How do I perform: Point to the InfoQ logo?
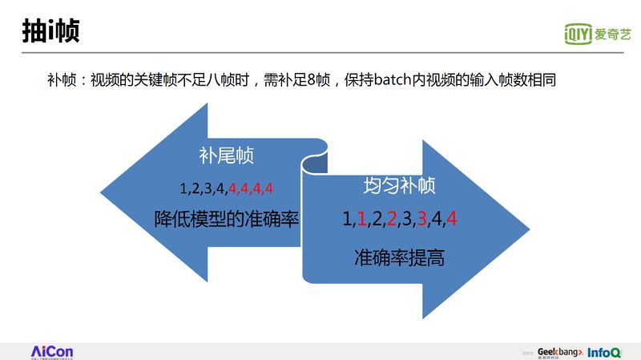click(604, 352)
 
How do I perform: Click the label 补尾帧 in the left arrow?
click(227, 156)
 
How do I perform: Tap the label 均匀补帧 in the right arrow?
click(399, 187)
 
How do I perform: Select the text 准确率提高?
click(399, 258)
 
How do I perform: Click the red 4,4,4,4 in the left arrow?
click(251, 189)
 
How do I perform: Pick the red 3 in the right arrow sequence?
click(421, 219)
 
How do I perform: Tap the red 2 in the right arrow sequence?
click(392, 219)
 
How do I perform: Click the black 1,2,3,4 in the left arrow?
click(203, 189)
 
